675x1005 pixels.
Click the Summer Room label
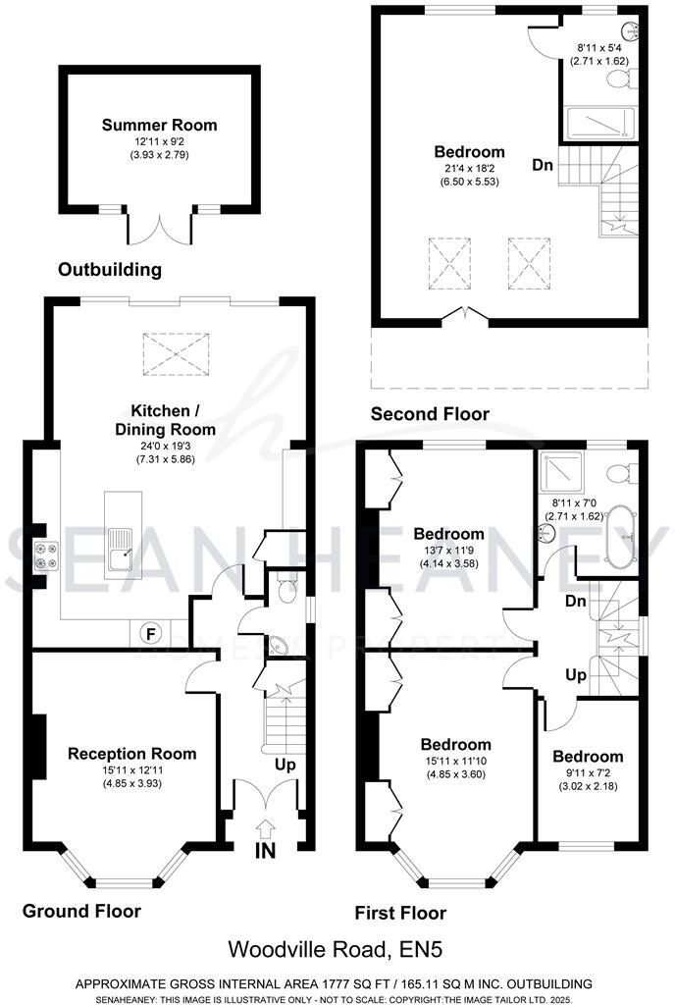point(160,125)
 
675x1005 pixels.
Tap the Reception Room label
point(131,754)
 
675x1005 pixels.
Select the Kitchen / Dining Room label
point(173,419)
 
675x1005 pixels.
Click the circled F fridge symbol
point(151,633)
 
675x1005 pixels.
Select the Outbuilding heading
point(109,269)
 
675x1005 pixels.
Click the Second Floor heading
point(429,414)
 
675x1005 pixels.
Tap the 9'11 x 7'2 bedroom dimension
point(587,773)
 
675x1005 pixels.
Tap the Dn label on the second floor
point(543,165)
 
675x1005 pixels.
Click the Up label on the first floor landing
point(575,675)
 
